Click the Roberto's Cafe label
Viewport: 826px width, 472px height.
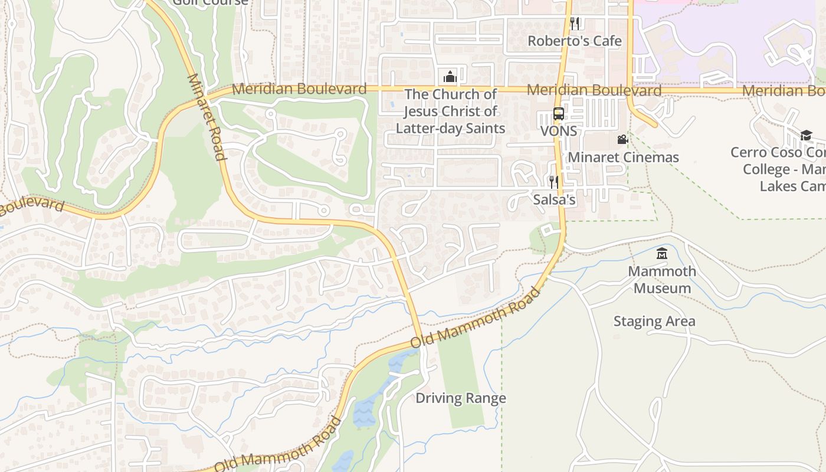574,41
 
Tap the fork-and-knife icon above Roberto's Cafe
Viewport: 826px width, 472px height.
574,23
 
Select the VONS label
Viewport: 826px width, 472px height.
559,130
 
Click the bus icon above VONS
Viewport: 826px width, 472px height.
558,114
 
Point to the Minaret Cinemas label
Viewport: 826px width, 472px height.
623,158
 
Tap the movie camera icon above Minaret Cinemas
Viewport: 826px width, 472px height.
622,140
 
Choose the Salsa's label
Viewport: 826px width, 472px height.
554,199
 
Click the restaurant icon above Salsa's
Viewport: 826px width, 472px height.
553,182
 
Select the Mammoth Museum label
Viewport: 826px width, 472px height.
662,280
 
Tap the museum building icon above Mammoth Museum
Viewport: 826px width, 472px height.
662,254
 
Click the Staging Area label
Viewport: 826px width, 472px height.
654,322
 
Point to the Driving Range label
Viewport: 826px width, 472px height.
461,398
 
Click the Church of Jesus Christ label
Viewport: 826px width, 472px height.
450,111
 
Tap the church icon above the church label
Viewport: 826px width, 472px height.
450,77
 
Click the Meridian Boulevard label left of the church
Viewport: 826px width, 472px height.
299,89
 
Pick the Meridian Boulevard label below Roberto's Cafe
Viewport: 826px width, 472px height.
594,90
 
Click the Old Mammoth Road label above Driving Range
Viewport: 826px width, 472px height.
476,317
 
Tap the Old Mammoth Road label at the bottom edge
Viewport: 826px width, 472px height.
277,445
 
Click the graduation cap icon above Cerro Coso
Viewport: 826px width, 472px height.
806,135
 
